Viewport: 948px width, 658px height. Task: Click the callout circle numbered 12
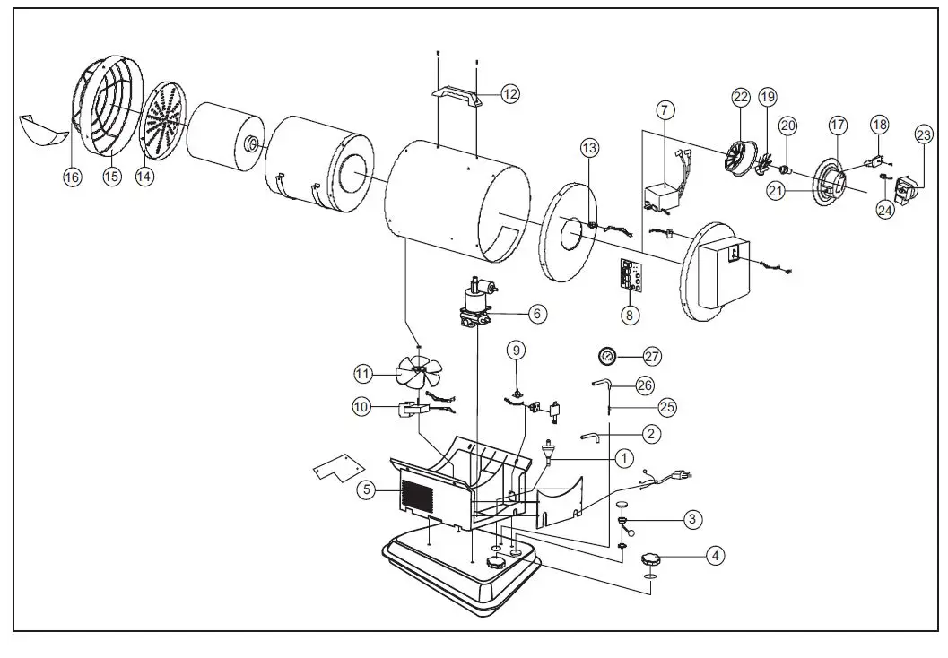pyautogui.click(x=509, y=93)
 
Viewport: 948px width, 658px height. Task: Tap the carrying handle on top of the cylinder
pyautogui.click(x=457, y=95)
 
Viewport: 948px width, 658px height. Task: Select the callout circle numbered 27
pyautogui.click(x=652, y=357)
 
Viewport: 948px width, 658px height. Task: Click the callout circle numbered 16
pyautogui.click(x=72, y=177)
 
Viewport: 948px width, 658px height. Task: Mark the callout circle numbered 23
pyautogui.click(x=924, y=135)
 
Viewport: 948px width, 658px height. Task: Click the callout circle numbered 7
pyautogui.click(x=664, y=111)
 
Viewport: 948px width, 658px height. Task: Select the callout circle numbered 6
pyautogui.click(x=536, y=314)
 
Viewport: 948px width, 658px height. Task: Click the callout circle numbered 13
pyautogui.click(x=588, y=147)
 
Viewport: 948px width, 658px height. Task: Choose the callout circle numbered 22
pyautogui.click(x=740, y=97)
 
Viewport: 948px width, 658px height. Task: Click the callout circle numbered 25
pyautogui.click(x=666, y=407)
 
